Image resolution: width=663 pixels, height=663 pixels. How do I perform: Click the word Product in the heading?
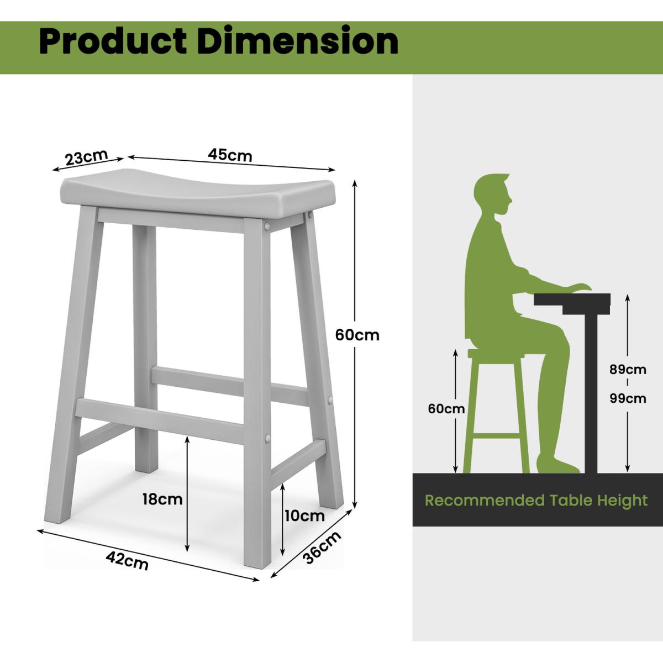tap(113, 42)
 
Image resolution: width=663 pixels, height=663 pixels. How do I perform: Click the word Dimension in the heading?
tap(298, 41)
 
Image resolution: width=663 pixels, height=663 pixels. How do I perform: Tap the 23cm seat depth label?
tap(86, 157)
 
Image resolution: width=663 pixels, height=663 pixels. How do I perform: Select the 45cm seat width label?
tap(230, 155)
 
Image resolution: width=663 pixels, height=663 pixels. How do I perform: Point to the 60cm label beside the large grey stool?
tap(357, 335)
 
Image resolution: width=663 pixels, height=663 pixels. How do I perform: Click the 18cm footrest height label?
tap(162, 499)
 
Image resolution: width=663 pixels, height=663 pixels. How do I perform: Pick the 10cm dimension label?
tap(304, 515)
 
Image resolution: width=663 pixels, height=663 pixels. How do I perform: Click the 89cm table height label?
tap(628, 370)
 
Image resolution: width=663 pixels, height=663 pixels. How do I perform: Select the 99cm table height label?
tap(628, 399)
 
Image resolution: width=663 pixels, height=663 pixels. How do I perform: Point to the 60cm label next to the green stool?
tap(446, 409)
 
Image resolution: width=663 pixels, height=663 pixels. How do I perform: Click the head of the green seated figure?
tap(493, 194)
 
